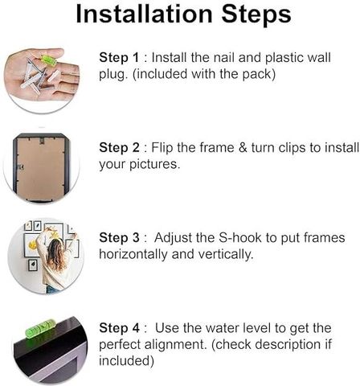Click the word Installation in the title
point(145,14)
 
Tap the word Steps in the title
point(256,15)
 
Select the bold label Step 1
point(119,58)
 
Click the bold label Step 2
point(119,148)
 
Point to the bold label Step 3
point(119,238)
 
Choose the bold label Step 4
point(119,328)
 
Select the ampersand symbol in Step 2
point(243,148)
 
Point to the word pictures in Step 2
point(154,164)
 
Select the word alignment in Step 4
point(176,345)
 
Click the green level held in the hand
point(48,60)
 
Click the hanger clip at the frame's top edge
point(42,141)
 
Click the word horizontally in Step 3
point(133,254)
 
